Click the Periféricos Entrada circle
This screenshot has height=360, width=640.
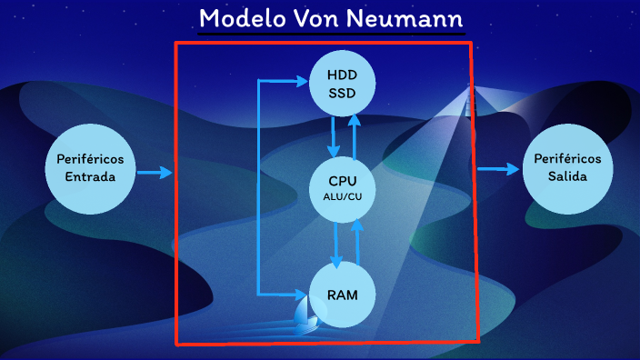pos(90,165)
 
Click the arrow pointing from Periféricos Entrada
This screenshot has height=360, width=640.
pos(155,172)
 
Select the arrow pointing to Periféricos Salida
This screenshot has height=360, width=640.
pos(495,169)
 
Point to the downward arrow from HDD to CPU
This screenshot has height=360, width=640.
pos(335,135)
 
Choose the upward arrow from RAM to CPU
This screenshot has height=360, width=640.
pos(358,241)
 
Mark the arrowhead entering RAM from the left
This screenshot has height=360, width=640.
pos(301,294)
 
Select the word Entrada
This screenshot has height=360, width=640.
pos(90,175)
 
